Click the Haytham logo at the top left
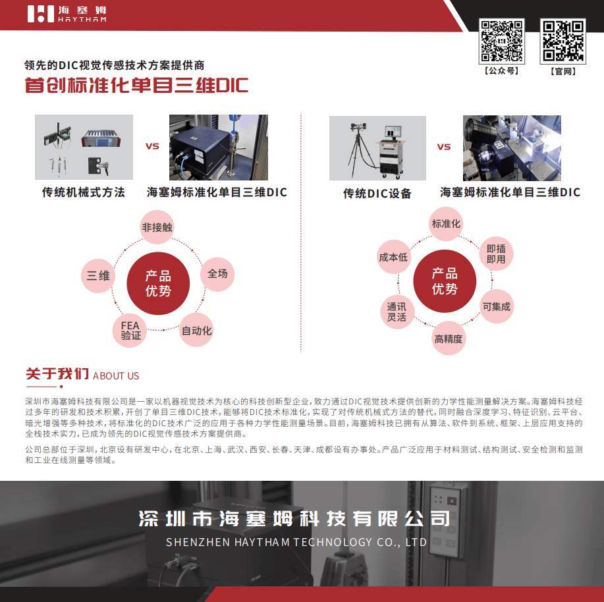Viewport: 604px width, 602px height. pos(67,14)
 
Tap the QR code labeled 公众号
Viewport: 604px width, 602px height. pos(501,41)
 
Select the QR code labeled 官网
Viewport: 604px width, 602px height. pos(563,41)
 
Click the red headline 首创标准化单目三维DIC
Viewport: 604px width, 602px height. pos(136,85)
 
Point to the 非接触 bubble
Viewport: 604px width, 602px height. pos(157,227)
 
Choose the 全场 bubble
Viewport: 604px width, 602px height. pos(217,274)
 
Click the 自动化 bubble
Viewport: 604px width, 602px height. pos(196,330)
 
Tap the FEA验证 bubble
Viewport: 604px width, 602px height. pos(130,331)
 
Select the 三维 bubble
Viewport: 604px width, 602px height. pos(98,275)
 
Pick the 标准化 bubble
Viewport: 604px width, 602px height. pos(446,224)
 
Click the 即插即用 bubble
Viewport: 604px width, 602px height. pos(496,254)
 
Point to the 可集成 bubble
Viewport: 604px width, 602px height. pos(496,306)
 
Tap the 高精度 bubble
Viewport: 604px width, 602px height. pos(449,338)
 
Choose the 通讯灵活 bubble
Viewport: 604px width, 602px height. pos(397,312)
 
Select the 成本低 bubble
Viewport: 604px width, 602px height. pos(393,257)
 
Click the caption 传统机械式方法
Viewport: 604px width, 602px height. pos(84,192)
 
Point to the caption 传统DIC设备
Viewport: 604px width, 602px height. pos(377,193)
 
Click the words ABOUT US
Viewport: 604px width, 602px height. pos(115,376)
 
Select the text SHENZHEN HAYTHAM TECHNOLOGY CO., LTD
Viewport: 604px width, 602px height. pos(296,542)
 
